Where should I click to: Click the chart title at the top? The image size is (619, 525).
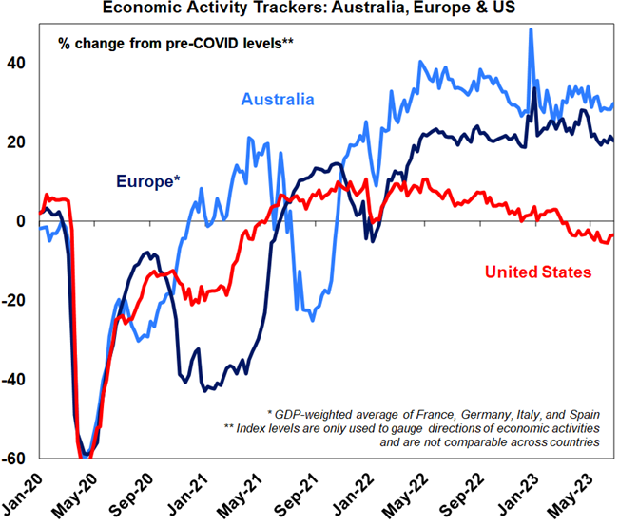pyautogui.click(x=310, y=9)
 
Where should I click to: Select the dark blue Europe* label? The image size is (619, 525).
pyautogui.click(x=148, y=180)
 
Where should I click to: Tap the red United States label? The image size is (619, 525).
pyautogui.click(x=538, y=272)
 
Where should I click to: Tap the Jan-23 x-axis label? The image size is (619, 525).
pyautogui.click(x=519, y=489)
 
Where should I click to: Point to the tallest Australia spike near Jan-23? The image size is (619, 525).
pyautogui.click(x=530, y=30)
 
